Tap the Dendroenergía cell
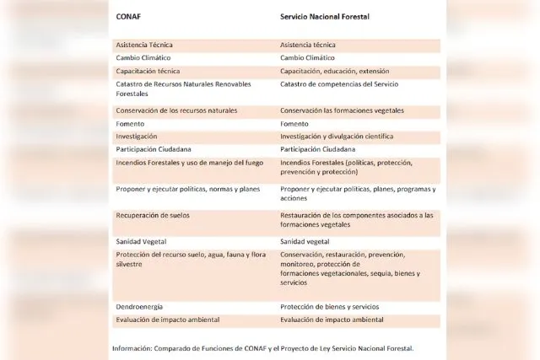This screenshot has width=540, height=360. click(140, 306)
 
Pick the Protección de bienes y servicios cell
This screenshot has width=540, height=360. click(330, 306)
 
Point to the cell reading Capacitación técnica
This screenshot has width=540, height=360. click(148, 71)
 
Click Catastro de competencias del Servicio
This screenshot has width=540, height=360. click(339, 83)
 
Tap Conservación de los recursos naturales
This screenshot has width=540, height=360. click(176, 110)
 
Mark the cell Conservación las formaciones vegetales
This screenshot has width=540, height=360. click(342, 110)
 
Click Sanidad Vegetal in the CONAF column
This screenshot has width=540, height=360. click(141, 241)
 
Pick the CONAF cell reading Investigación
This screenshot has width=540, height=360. click(137, 136)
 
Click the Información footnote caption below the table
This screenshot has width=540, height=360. click(263, 347)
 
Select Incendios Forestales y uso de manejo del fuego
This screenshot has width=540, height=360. click(189, 162)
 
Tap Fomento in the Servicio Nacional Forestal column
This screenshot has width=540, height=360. click(294, 123)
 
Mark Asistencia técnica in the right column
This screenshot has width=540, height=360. click(308, 45)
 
